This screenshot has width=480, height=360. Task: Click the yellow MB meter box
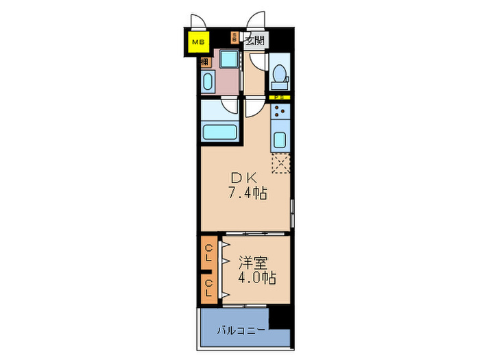click(x=198, y=43)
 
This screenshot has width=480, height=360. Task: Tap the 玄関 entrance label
click(x=254, y=40)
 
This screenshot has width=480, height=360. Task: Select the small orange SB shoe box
click(x=235, y=38)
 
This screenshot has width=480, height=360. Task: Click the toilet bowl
click(x=280, y=74)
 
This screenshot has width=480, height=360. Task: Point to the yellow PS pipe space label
click(x=280, y=98)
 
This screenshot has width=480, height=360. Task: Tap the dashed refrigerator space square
click(x=281, y=163)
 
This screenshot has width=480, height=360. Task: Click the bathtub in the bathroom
click(x=219, y=130)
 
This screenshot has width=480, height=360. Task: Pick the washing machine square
click(x=228, y=59)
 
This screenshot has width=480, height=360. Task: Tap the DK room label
click(x=247, y=177)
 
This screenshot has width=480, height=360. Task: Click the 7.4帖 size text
click(x=248, y=193)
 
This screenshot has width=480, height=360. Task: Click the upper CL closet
click(x=208, y=253)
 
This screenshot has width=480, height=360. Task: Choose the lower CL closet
click(x=208, y=287)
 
